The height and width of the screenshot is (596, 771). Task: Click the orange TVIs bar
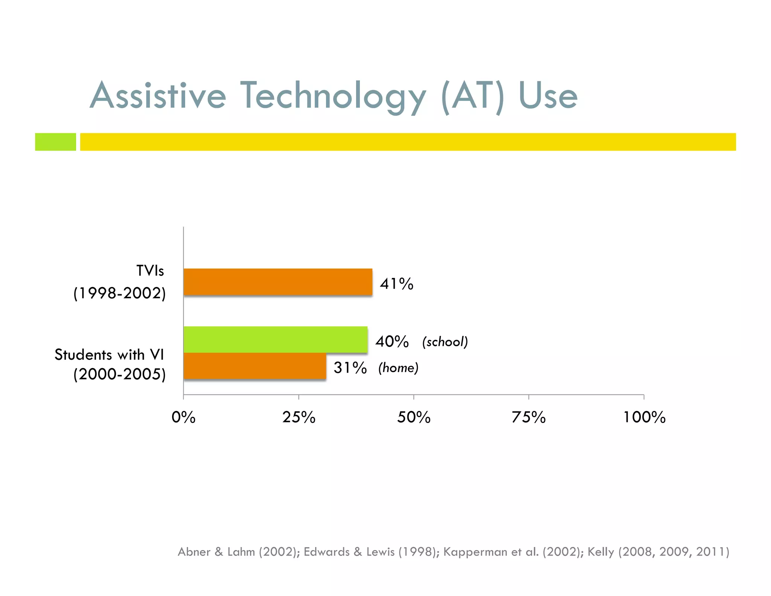[278, 282]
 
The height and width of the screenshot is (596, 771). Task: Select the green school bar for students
[276, 339]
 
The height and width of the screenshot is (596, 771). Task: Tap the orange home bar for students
[255, 366]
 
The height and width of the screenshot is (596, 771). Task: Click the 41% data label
[396, 284]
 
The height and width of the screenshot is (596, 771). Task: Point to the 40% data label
[392, 342]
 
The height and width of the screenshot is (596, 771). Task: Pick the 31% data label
[350, 368]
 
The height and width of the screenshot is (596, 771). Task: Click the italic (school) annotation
[445, 342]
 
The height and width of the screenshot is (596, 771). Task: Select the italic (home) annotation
[398, 368]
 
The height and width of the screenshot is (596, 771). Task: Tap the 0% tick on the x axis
[183, 417]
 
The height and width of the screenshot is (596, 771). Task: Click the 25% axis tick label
[299, 417]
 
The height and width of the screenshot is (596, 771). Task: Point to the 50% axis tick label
[414, 417]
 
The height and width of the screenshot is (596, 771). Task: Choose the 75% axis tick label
[529, 417]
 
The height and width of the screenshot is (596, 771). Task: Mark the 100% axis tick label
[644, 417]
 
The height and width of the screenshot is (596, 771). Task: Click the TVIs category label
[150, 271]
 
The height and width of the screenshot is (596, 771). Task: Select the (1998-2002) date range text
[119, 293]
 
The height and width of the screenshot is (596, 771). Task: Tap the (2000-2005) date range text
[119, 374]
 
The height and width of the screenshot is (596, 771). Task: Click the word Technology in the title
[333, 96]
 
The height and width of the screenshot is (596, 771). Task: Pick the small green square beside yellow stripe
[55, 142]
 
